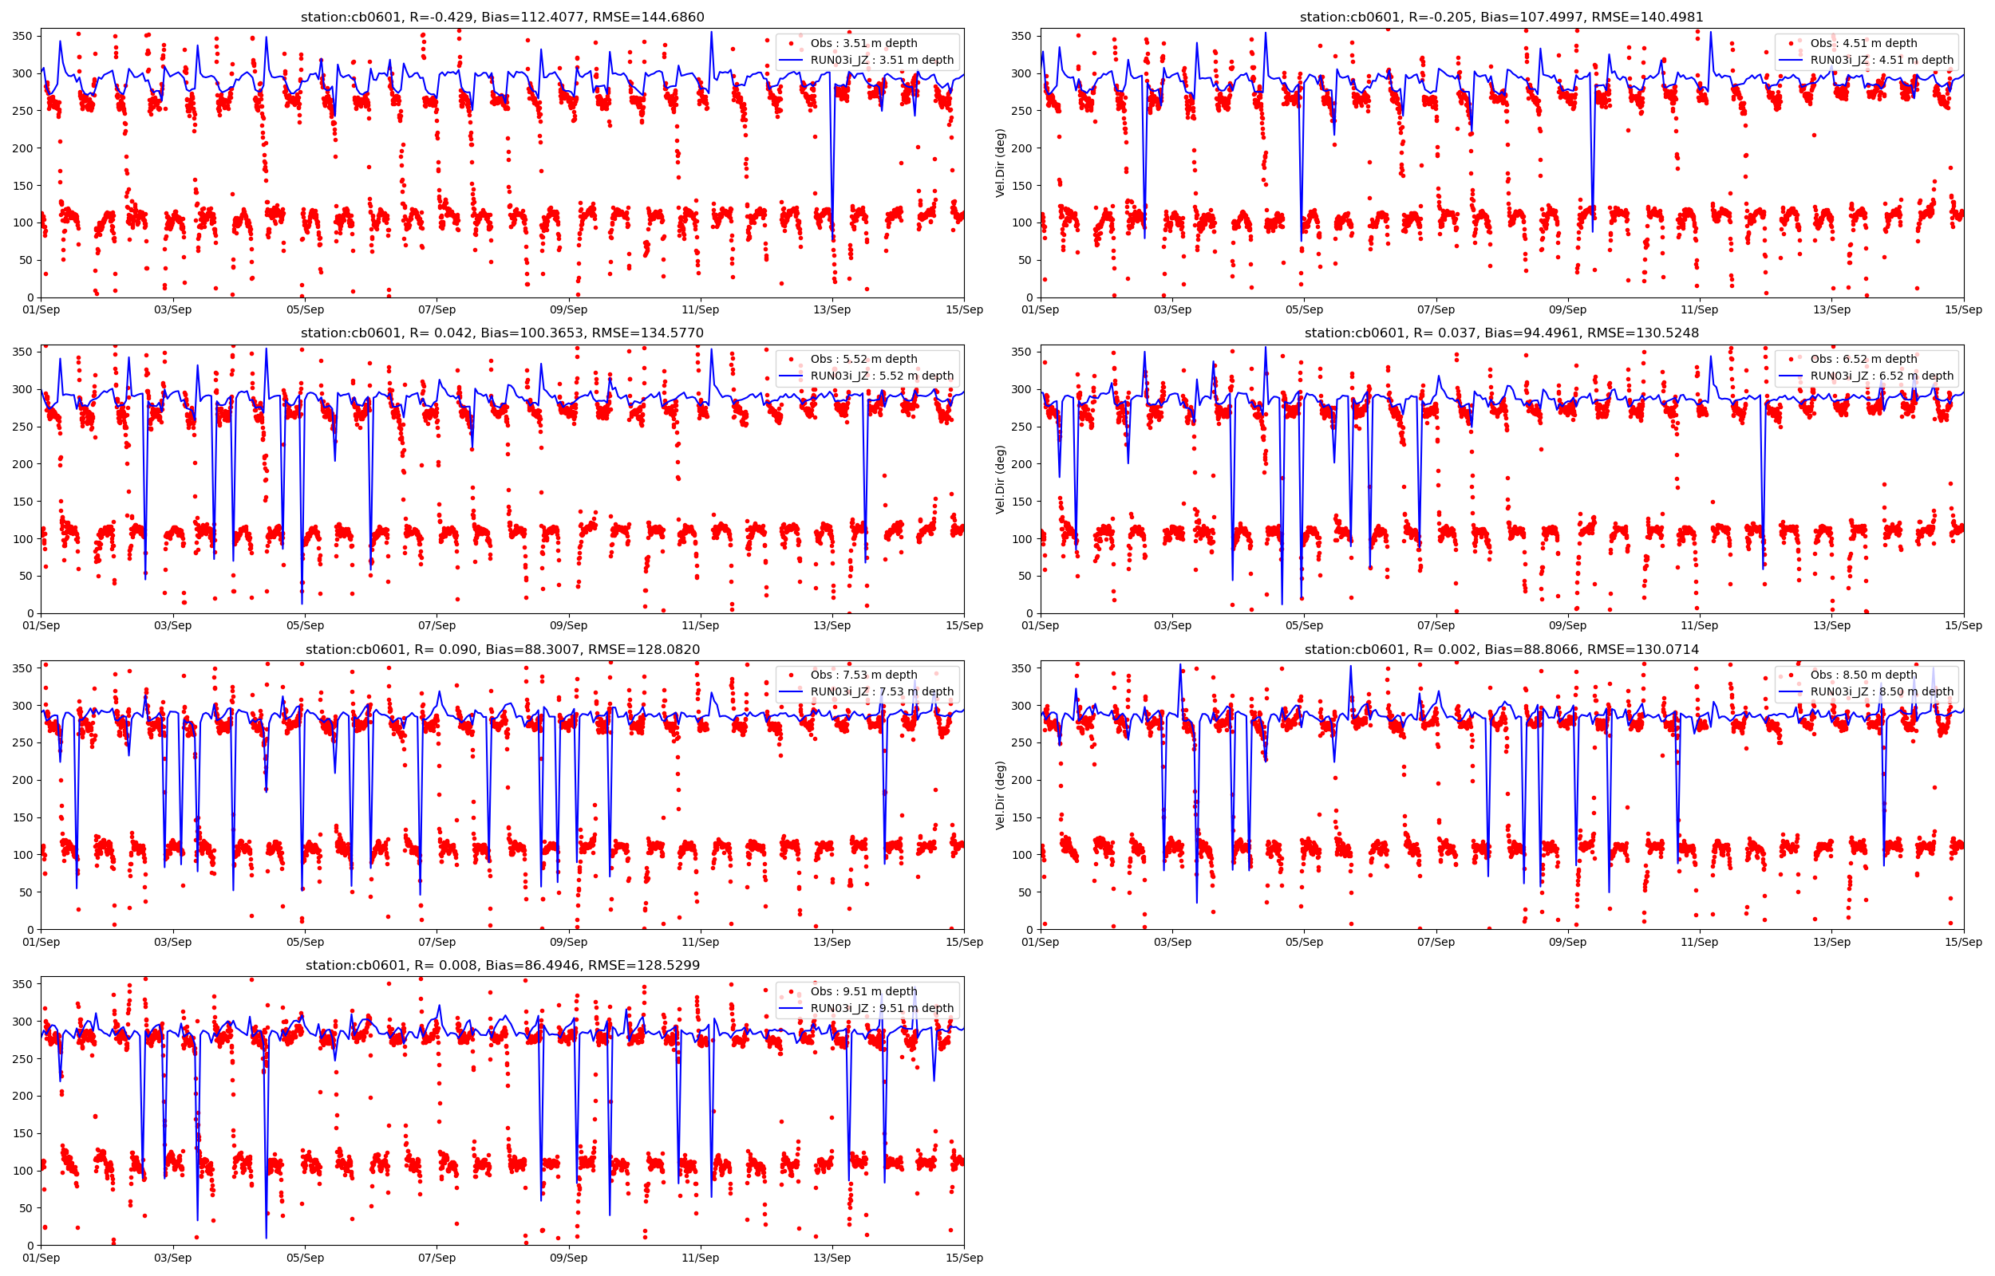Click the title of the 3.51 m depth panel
click(x=502, y=17)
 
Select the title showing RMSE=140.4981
click(x=1501, y=17)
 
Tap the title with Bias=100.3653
click(x=502, y=333)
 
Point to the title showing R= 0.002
click(x=1501, y=650)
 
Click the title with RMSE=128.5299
click(x=502, y=965)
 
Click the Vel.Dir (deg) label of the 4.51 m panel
click(x=1001, y=163)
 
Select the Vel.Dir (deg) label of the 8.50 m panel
click(x=1001, y=795)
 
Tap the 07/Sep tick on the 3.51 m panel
click(x=437, y=310)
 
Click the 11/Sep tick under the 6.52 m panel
click(x=1699, y=625)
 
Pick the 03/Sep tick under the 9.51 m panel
click(x=172, y=1258)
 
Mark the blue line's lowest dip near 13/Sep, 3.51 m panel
click(x=832, y=240)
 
